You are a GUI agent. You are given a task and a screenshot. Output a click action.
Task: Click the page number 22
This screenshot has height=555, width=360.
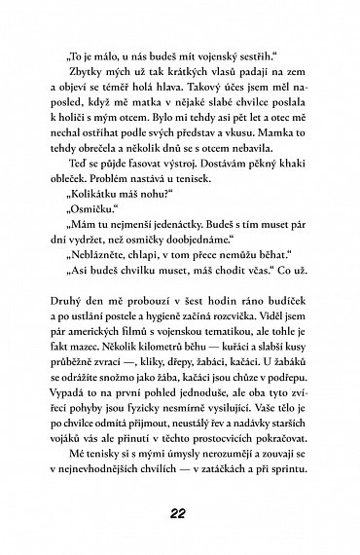[x=179, y=515]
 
